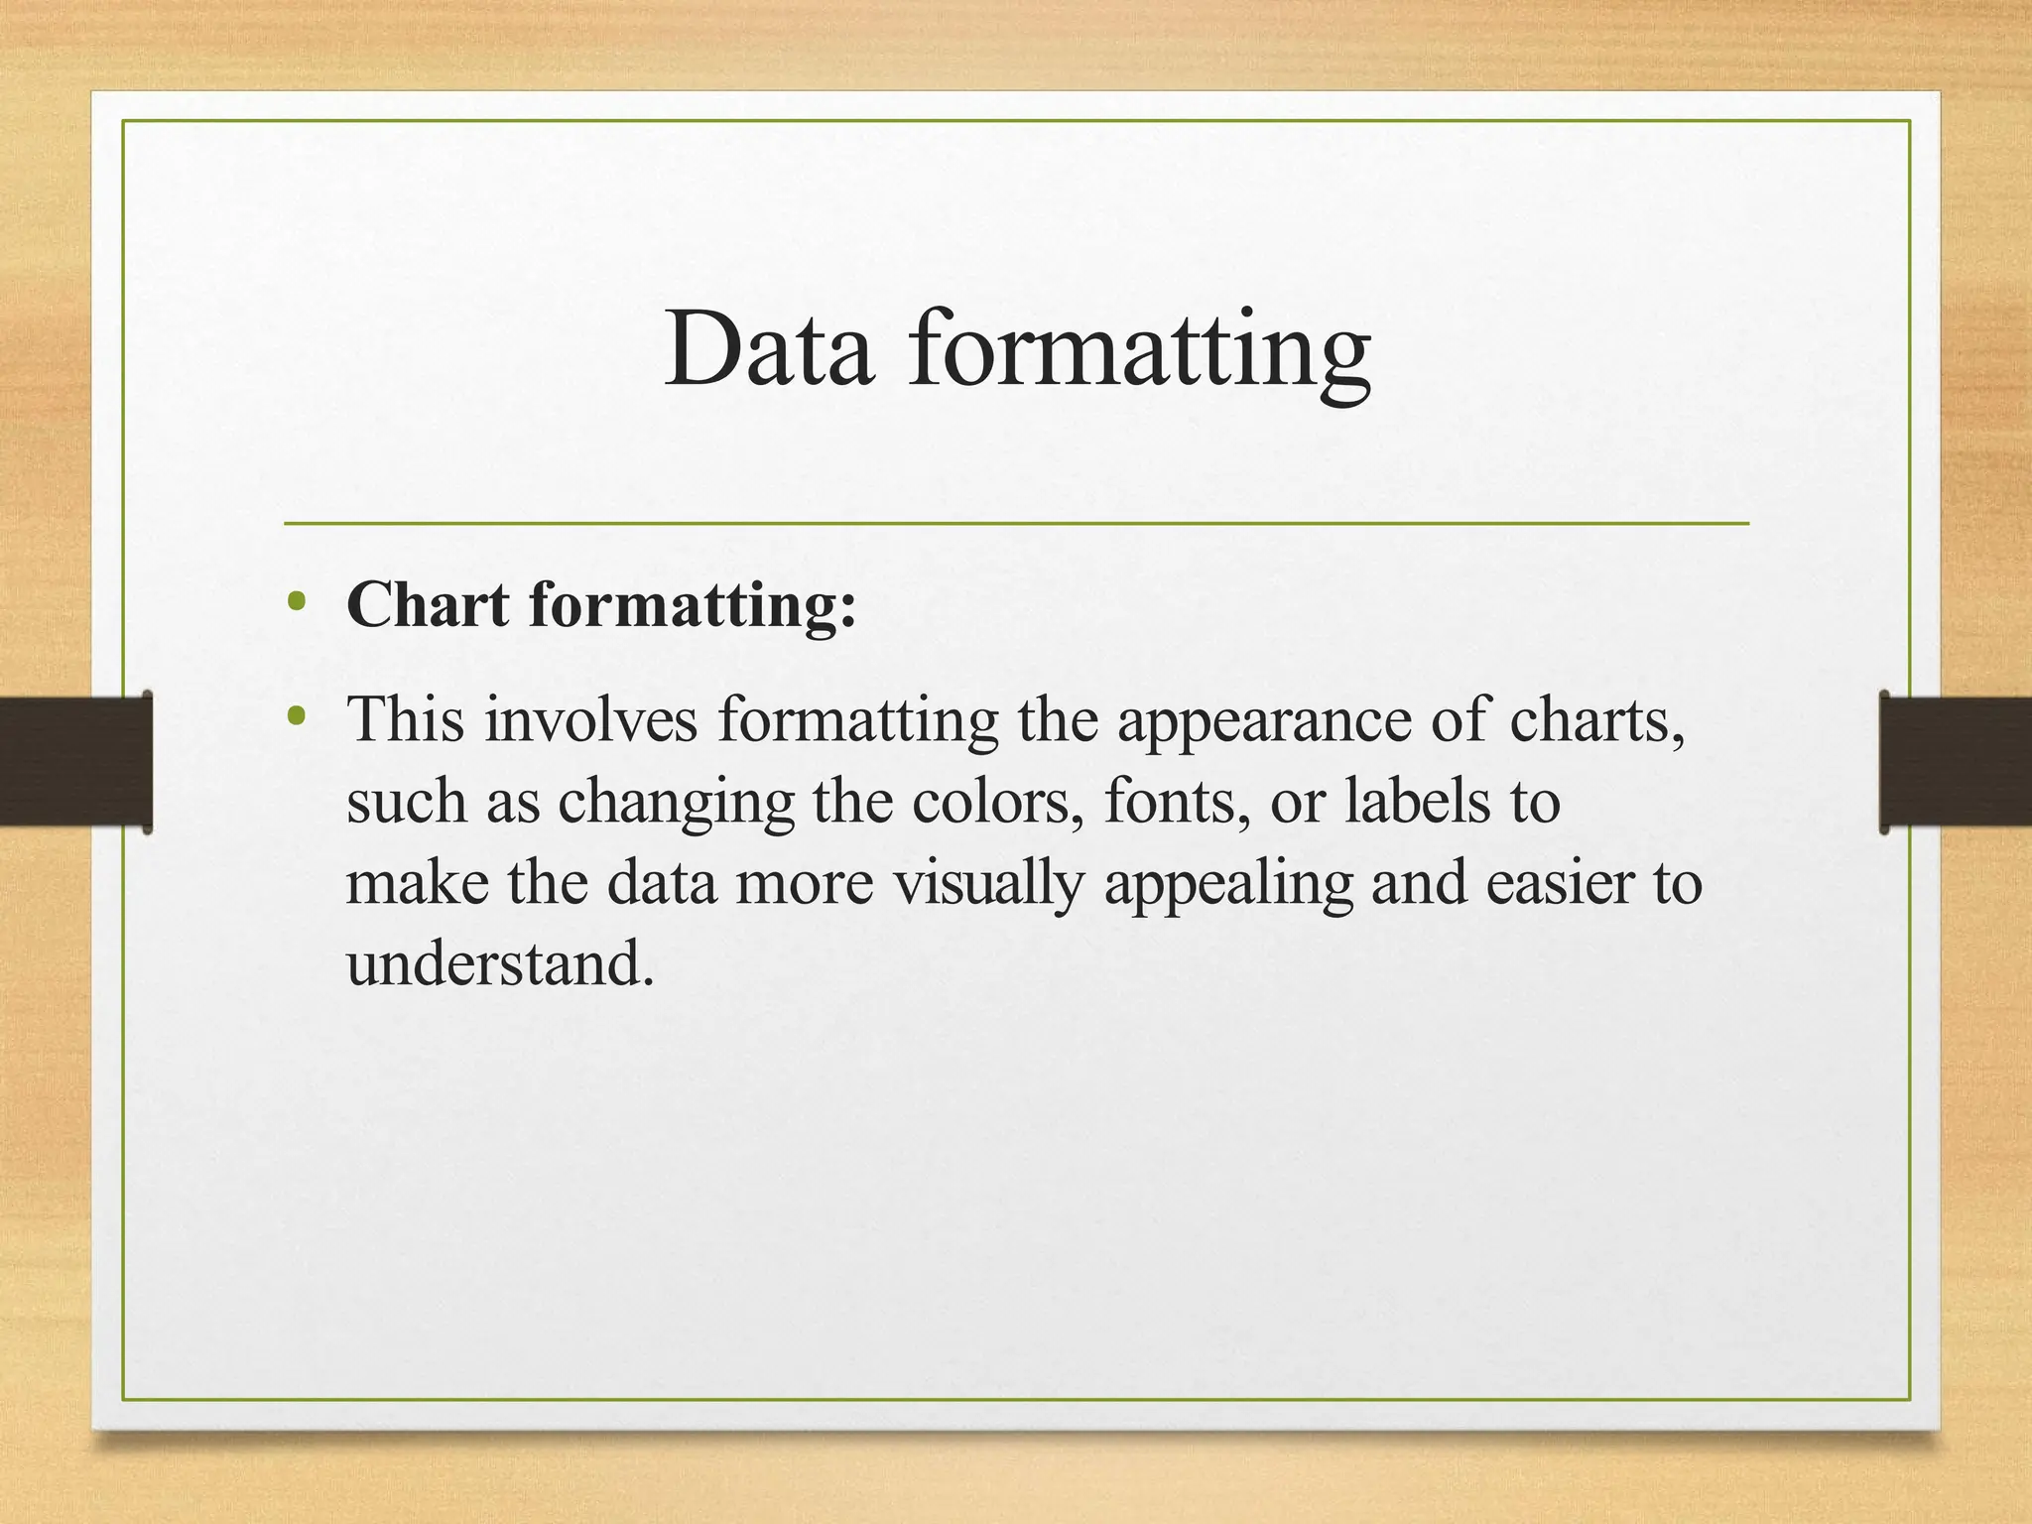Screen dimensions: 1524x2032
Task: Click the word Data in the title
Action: (770, 349)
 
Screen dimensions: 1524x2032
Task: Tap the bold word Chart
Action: (428, 604)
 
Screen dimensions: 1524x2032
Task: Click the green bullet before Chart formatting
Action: (295, 601)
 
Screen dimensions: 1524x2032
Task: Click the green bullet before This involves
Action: (295, 715)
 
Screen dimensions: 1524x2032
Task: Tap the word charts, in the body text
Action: (1597, 720)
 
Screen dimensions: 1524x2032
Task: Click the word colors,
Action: (998, 802)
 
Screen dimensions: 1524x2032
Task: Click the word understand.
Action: (499, 963)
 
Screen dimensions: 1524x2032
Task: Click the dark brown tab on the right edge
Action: (1956, 762)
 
